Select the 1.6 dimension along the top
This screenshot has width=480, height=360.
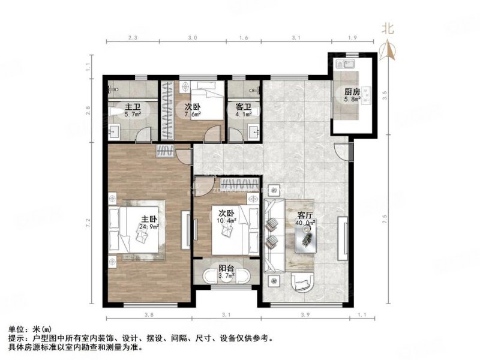pos(243,38)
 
